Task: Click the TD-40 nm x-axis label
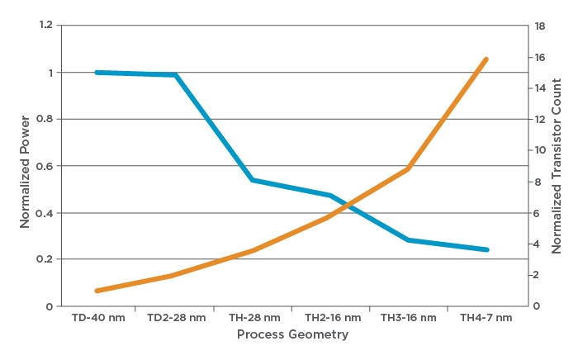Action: (x=98, y=318)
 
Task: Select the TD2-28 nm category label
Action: (x=176, y=318)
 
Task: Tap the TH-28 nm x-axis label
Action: (x=254, y=318)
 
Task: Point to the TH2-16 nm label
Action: (x=333, y=318)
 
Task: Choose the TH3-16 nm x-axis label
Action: (x=410, y=318)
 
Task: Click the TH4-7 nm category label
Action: (x=486, y=318)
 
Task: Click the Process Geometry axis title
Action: (x=292, y=334)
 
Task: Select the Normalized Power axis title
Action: (x=25, y=165)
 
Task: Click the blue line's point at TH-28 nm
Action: (x=253, y=180)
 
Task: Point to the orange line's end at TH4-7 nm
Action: (x=487, y=59)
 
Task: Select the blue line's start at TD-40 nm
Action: (x=97, y=73)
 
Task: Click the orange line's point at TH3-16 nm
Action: (x=409, y=169)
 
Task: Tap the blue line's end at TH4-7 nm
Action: (x=487, y=249)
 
